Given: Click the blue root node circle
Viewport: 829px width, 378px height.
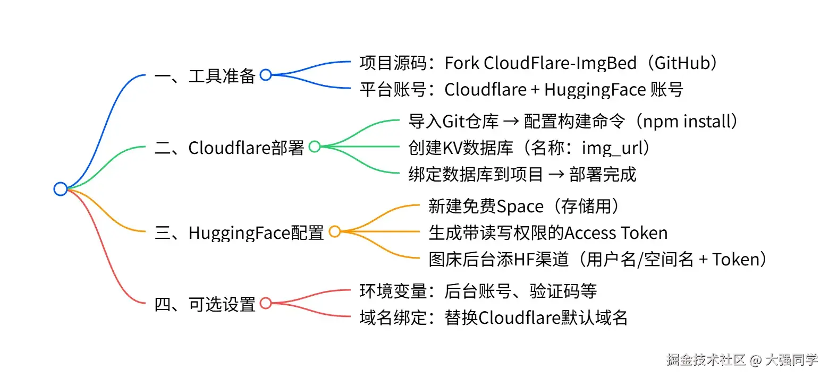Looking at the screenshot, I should pos(61,188).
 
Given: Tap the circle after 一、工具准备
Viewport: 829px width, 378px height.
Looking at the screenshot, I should pos(266,75).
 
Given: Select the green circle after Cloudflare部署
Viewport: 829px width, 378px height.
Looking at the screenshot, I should pos(315,147).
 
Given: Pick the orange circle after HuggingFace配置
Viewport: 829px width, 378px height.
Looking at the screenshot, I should pos(335,231).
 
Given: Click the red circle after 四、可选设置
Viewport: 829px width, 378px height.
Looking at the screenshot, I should pos(266,304).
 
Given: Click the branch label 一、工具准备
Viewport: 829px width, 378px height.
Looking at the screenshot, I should pos(205,76).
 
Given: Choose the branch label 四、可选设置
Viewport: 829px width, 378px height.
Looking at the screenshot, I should pos(205,305).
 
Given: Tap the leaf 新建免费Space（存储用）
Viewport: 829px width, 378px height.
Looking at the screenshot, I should pos(524,206).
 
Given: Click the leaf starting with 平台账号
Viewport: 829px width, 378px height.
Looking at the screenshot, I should pos(521,90).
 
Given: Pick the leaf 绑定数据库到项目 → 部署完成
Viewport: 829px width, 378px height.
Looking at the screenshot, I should pos(522,174).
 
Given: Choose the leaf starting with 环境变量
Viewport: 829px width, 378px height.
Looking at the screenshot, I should pos(478,291).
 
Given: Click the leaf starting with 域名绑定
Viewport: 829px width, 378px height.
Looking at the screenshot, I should pos(493,317).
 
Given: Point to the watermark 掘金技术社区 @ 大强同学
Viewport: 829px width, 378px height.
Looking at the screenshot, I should pos(742,359).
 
